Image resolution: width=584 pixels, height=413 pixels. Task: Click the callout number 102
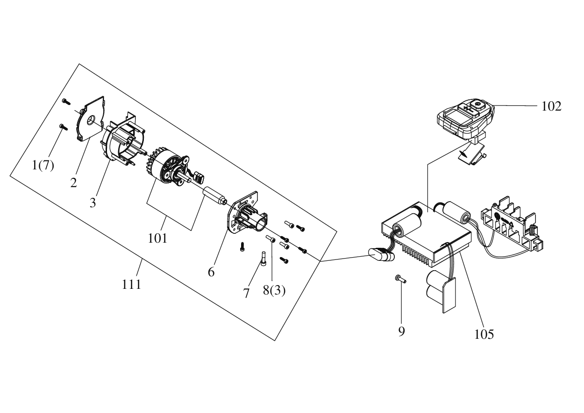coord(551,106)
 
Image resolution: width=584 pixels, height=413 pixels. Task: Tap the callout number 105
coord(484,334)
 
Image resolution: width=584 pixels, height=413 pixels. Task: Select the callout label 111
coord(131,284)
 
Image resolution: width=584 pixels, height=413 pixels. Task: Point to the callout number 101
coord(157,238)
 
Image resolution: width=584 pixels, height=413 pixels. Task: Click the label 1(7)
coord(43,165)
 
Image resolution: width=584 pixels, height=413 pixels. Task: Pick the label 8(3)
coord(274,290)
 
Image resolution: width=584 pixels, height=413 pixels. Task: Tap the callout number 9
coord(401,331)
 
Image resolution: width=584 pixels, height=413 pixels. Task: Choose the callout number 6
coord(211,272)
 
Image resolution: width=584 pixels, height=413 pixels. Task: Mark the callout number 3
coord(93,203)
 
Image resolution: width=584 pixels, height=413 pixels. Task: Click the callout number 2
coord(73,183)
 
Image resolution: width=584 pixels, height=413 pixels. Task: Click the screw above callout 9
coord(400,279)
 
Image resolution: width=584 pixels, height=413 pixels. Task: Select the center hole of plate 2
coord(91,120)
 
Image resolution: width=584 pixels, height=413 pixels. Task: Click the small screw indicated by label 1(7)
coord(64,126)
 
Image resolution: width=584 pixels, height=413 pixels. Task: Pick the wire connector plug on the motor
coord(199,178)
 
